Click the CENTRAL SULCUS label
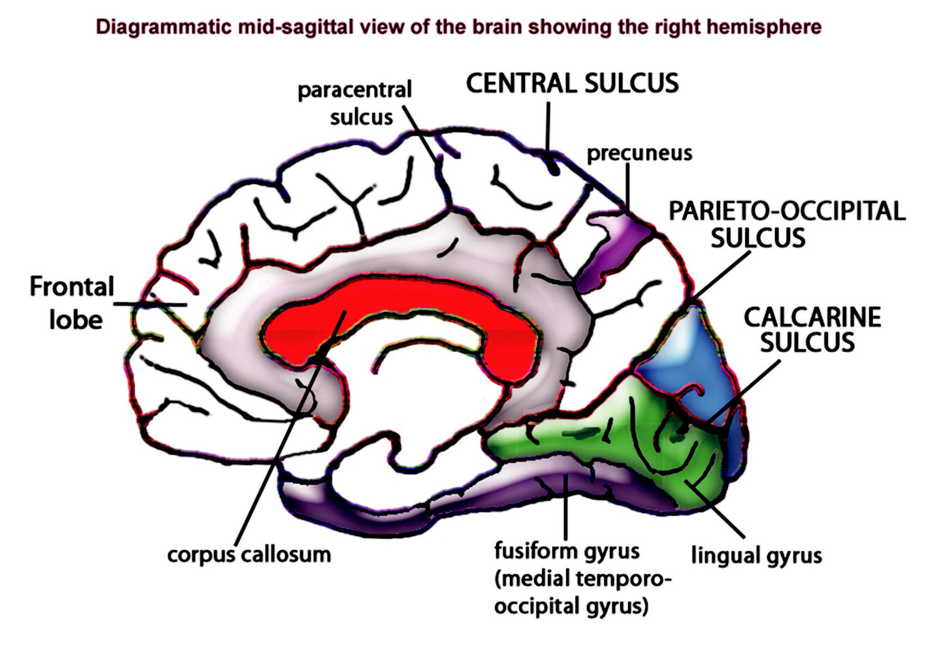[572, 84]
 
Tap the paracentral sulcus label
[355, 103]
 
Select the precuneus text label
[639, 153]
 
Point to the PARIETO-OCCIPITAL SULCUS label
[787, 224]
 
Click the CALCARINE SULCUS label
[812, 329]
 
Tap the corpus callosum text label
[249, 554]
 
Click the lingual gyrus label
[756, 556]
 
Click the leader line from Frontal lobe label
[150, 304]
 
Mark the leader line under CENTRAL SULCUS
[547, 127]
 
